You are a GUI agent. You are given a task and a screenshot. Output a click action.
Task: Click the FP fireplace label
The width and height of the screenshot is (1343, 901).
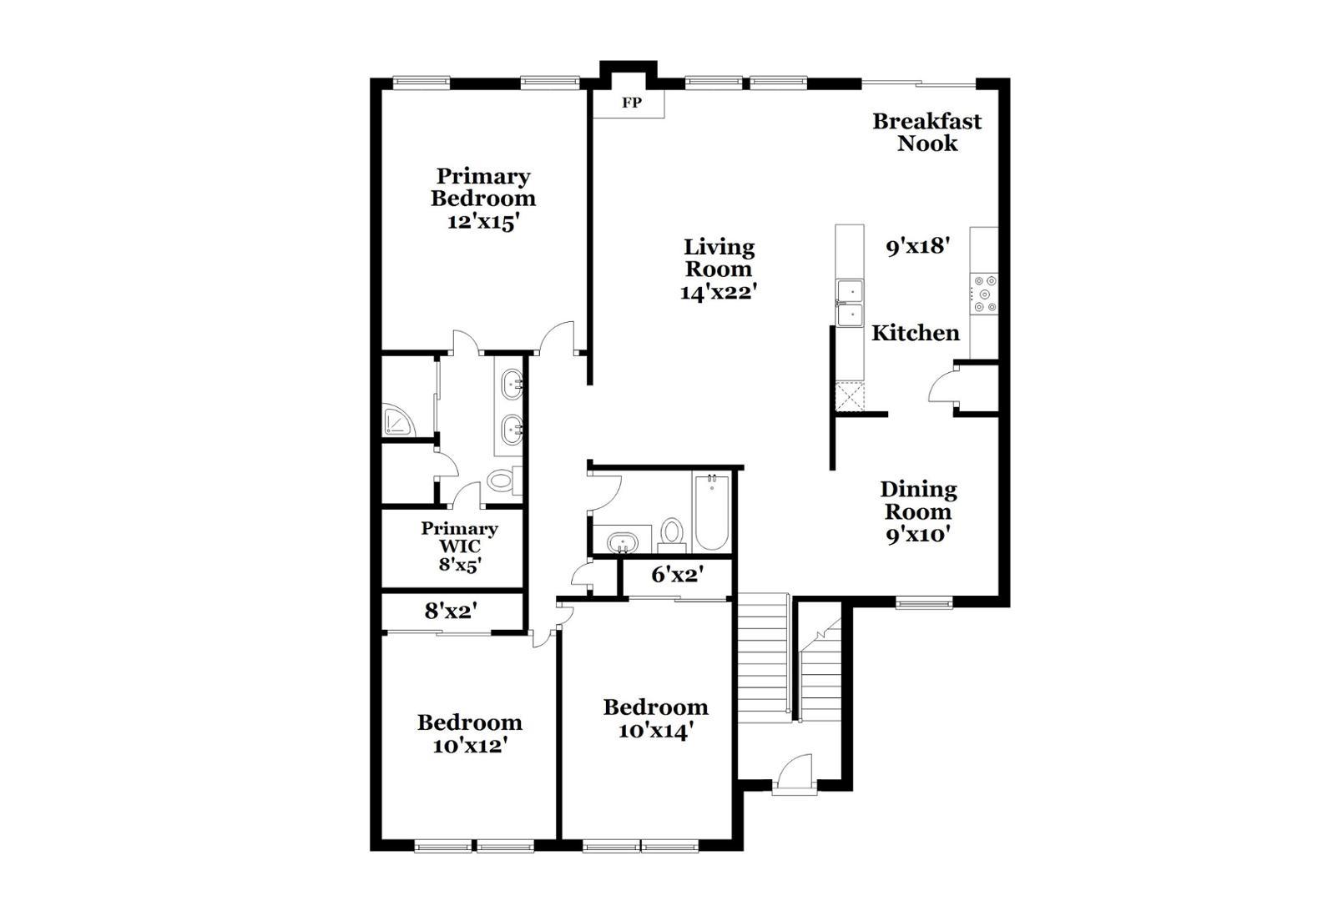(x=631, y=103)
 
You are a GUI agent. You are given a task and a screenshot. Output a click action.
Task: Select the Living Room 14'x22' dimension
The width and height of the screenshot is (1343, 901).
(x=718, y=293)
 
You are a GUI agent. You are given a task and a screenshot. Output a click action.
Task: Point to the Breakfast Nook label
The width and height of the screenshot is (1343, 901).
(x=926, y=132)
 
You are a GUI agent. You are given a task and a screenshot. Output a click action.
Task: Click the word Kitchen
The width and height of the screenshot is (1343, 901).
(x=916, y=333)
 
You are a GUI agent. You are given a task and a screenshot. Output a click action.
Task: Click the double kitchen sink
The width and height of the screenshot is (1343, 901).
(x=850, y=303)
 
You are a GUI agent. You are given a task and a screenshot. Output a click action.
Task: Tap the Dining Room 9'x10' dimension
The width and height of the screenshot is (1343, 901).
(x=918, y=535)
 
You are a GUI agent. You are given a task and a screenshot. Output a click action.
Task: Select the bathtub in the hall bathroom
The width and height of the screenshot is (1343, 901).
(x=711, y=511)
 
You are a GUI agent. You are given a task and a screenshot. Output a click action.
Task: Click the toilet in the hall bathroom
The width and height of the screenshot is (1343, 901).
(x=672, y=532)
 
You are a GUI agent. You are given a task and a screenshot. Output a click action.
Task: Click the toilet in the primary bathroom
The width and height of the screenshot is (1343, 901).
(x=502, y=481)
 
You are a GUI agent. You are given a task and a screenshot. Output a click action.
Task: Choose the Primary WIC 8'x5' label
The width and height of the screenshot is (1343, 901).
(x=459, y=546)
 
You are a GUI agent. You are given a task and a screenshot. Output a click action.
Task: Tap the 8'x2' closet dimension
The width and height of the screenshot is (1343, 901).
(x=451, y=612)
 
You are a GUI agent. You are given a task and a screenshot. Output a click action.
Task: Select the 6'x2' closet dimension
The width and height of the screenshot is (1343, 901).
(x=677, y=575)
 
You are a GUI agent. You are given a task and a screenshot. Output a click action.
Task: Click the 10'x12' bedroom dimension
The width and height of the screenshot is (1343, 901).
(x=470, y=746)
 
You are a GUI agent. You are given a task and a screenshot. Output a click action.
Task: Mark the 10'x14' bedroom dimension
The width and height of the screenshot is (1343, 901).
(x=656, y=731)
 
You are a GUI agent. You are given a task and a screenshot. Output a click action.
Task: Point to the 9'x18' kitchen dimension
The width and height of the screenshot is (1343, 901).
(x=918, y=246)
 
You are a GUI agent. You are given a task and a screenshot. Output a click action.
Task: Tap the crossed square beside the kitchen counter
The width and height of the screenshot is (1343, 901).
(x=850, y=396)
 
